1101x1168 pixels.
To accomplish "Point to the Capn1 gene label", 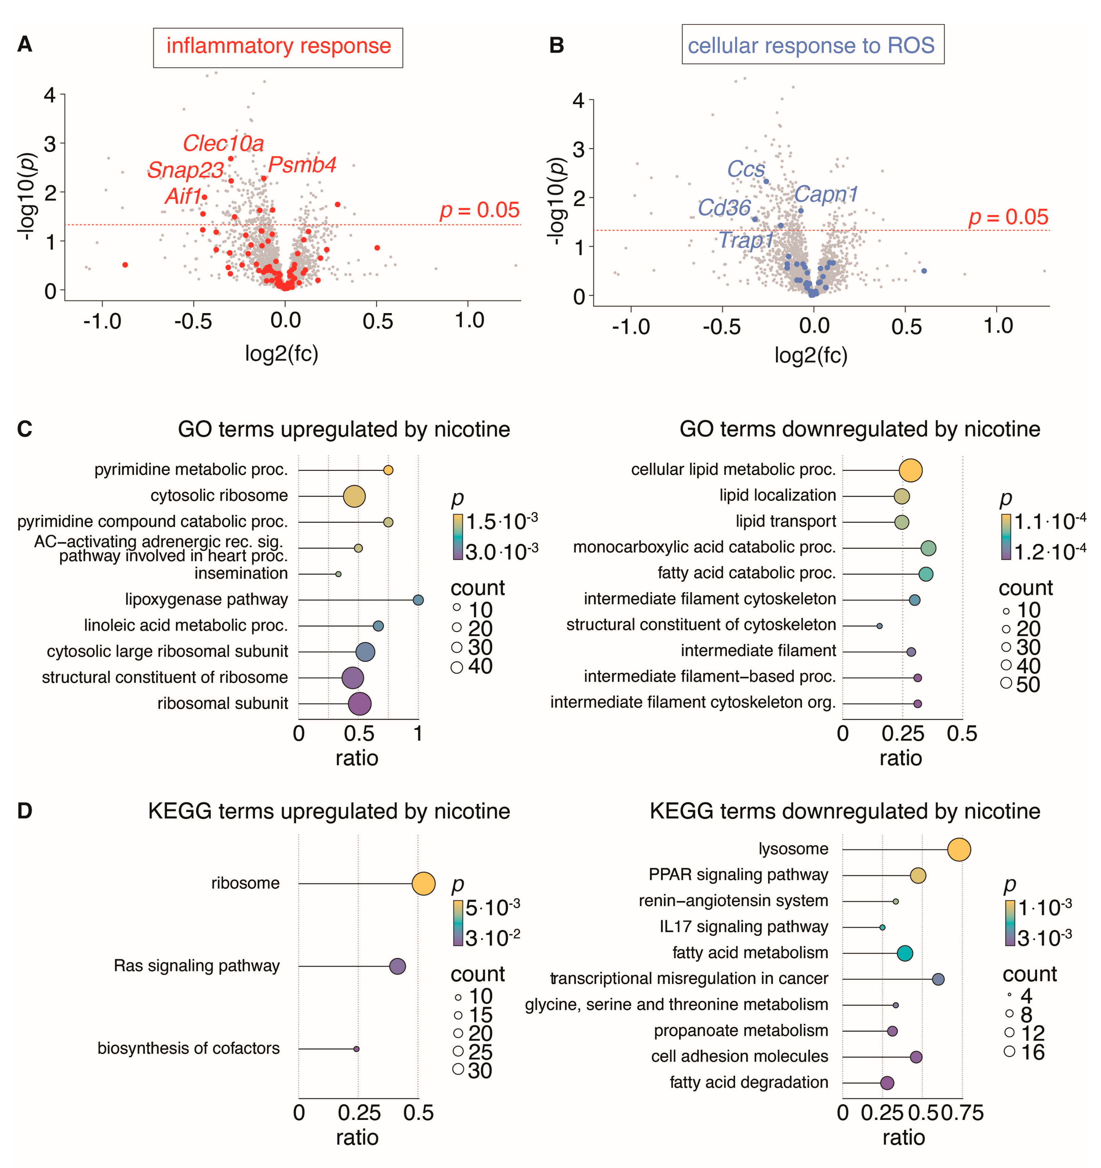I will [826, 194].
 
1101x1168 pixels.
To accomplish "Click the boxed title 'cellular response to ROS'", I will [812, 45].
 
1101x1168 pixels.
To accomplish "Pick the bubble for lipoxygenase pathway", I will [418, 600].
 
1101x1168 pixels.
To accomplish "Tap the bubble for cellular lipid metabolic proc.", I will [911, 470].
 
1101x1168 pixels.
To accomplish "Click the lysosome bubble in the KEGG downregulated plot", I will [959, 850].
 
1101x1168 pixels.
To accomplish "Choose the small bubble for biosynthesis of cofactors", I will [356, 1049].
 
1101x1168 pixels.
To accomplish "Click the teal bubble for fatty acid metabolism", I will [905, 953].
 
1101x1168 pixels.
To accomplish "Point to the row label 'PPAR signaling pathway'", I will [738, 875].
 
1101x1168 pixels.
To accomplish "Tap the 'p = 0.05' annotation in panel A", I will [480, 210].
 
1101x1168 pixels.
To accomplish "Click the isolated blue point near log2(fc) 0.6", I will [924, 271].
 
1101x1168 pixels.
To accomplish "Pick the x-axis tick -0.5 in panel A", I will [193, 321].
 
